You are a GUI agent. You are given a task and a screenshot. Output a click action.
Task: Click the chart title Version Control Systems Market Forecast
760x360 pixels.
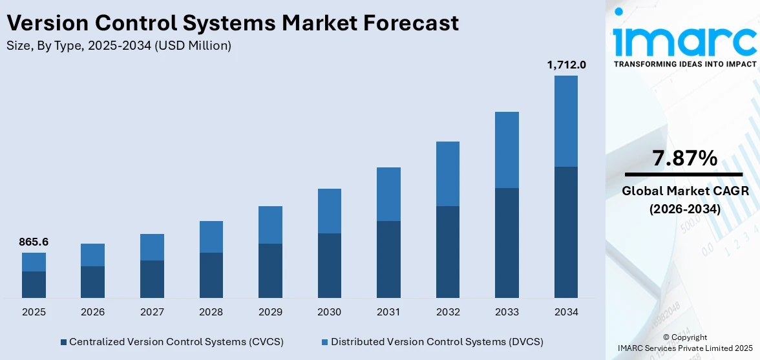233,23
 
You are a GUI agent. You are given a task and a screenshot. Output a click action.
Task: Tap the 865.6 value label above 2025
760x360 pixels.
34,242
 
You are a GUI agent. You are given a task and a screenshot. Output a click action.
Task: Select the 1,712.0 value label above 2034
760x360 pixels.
566,65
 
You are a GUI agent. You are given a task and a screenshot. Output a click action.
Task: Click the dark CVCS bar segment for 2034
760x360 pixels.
566,232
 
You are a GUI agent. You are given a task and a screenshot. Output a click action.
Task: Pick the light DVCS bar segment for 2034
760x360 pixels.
566,121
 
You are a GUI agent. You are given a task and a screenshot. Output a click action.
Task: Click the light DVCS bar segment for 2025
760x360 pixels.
34,262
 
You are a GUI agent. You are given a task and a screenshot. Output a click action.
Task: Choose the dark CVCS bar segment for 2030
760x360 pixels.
330,265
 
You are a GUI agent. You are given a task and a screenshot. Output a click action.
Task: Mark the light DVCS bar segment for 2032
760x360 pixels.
448,174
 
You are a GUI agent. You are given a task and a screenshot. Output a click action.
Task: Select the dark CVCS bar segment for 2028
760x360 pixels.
211,275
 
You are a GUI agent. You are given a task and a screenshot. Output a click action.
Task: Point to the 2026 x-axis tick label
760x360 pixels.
93,312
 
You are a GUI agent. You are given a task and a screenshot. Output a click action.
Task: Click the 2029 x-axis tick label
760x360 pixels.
270,312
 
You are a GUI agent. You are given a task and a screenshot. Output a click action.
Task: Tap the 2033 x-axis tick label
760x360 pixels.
507,312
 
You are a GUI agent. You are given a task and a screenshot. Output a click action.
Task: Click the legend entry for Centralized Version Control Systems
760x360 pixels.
172,341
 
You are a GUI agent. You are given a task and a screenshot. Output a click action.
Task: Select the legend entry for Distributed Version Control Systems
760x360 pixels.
432,341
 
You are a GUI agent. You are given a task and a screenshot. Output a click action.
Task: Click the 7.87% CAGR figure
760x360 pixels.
684,158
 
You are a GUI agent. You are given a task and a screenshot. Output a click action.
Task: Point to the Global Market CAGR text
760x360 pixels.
684,191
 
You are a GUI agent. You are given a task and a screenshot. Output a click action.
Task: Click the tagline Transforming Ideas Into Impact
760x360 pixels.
684,64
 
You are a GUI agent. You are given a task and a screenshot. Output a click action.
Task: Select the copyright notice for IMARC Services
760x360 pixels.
684,343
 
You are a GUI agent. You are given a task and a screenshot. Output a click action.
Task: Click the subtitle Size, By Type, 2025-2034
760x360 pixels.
118,45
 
